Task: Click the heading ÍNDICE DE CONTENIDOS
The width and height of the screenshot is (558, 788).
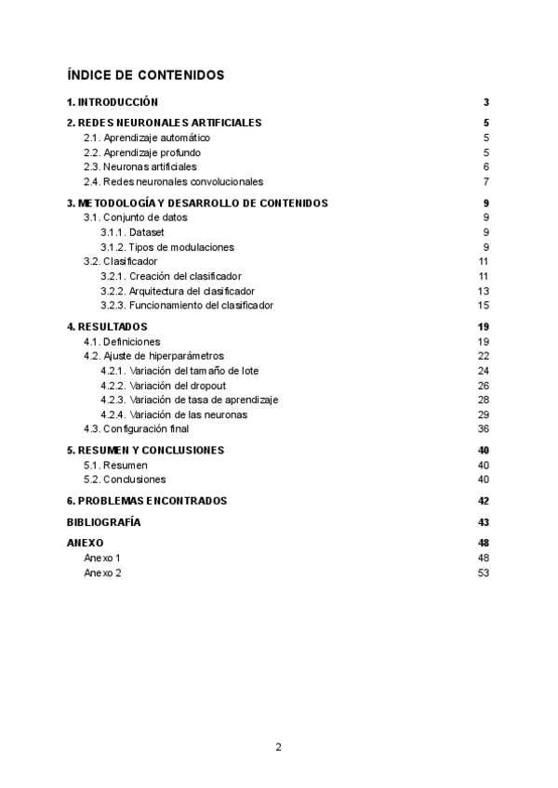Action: (145, 74)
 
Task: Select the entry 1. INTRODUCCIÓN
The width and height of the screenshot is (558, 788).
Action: (113, 102)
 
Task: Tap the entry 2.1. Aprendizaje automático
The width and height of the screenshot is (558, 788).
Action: (153, 138)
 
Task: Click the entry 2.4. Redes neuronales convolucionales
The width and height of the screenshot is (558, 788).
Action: (174, 181)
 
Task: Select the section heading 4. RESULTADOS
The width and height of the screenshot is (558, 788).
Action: (107, 327)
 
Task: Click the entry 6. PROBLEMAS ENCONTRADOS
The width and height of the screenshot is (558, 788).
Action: (147, 501)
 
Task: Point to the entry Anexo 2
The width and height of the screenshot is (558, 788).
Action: (102, 572)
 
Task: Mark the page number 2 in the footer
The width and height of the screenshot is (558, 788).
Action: (279, 746)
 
